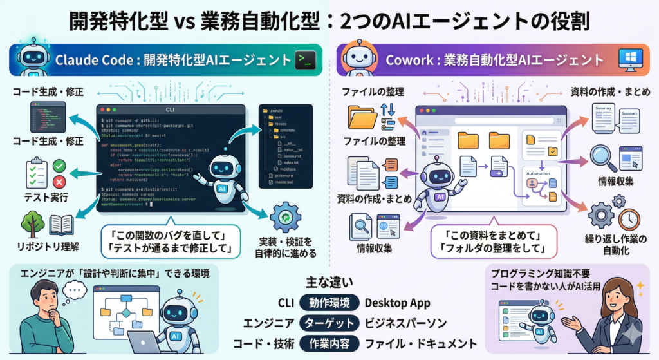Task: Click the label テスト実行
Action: [46, 197]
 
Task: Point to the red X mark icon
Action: [59, 181]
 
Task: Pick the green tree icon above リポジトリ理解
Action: [32, 225]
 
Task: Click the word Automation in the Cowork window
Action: [539, 173]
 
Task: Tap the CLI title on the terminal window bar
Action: [171, 110]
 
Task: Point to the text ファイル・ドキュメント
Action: [420, 343]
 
